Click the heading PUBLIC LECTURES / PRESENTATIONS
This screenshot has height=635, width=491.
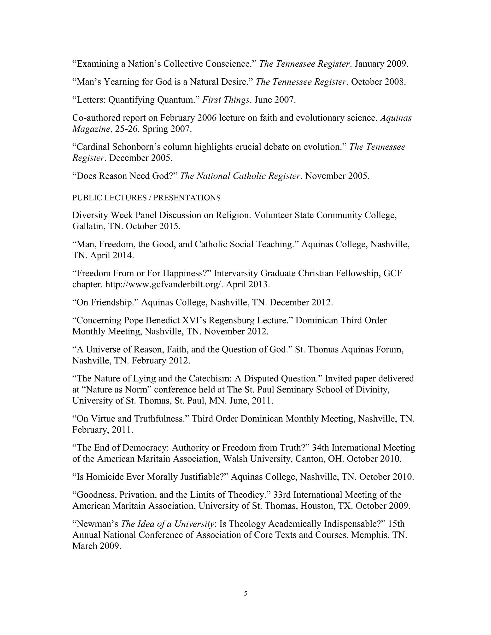tap(146, 198)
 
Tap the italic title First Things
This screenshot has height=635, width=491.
tap(226, 100)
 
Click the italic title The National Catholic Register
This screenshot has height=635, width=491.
tap(240, 176)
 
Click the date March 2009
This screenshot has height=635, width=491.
tap(97, 546)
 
